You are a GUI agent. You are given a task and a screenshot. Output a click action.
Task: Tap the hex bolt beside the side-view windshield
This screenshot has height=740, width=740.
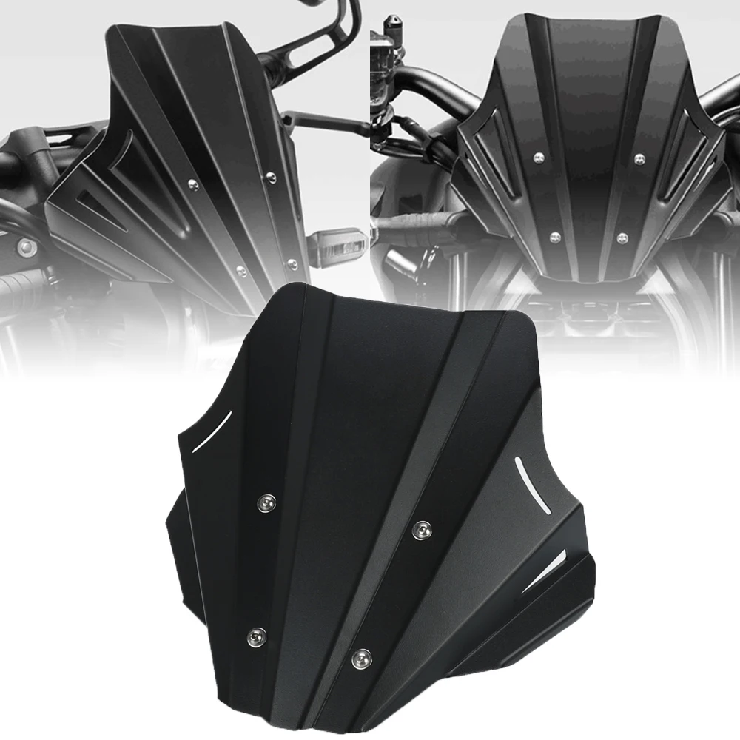[x=27, y=246]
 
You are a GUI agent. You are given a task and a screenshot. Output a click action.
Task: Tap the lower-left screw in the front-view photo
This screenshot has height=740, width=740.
[x=554, y=237]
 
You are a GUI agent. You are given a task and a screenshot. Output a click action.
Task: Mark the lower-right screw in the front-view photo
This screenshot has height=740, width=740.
[x=622, y=238]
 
